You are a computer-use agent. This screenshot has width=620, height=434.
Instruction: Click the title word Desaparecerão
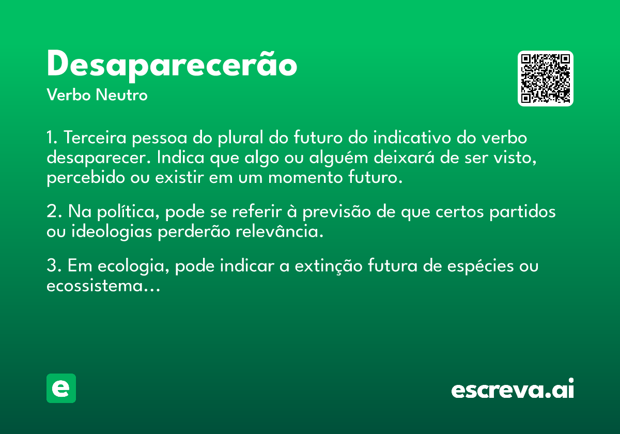(172, 66)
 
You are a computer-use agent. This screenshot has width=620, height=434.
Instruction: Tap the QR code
(545, 79)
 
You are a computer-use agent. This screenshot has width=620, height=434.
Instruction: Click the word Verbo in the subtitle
(69, 95)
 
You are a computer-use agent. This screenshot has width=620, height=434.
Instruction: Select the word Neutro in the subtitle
(121, 95)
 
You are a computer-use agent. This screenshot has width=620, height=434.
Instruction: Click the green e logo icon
(61, 388)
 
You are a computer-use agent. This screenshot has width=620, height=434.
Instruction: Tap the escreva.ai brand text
(513, 388)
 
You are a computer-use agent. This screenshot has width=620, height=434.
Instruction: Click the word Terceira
(95, 137)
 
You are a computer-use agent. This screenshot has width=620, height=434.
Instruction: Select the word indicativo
(412, 137)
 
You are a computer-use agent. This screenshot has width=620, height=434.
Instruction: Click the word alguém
(338, 158)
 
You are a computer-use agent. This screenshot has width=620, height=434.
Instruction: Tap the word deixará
(404, 157)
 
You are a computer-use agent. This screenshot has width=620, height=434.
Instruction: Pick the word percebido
(86, 178)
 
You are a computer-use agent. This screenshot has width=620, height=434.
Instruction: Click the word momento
(305, 178)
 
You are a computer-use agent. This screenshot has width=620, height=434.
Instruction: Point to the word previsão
(336, 212)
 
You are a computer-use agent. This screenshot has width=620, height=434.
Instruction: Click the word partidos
(522, 212)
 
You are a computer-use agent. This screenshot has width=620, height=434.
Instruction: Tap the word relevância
(280, 231)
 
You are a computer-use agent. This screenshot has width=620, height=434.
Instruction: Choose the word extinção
(329, 266)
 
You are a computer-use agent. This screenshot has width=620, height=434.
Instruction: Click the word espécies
(481, 266)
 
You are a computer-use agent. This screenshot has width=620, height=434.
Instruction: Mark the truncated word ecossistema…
(103, 286)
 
